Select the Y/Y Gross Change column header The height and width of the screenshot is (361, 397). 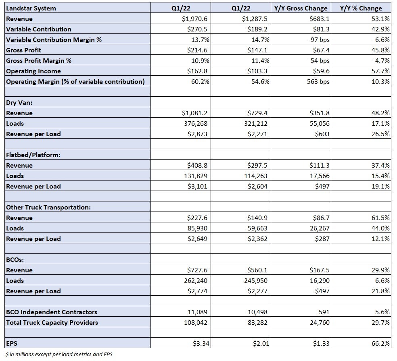point(301,8)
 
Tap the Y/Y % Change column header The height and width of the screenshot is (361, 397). point(361,8)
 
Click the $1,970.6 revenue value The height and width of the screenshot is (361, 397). point(194,19)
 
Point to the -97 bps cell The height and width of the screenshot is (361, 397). point(319,40)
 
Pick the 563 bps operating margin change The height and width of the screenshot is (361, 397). point(318,82)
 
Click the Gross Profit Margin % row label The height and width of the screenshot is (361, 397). point(39,61)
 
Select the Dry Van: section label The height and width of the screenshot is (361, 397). point(19,103)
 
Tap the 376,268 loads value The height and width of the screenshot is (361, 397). point(195,124)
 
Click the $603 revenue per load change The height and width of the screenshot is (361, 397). point(322,134)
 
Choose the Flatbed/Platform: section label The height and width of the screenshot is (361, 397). point(33,155)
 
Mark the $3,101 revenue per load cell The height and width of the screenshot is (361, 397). point(197,186)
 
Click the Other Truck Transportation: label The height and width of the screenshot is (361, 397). point(48,207)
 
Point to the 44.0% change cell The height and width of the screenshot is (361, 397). point(380,228)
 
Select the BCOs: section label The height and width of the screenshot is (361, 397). point(15,259)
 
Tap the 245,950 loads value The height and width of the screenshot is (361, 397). point(256,280)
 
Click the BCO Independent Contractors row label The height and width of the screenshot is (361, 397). point(52,312)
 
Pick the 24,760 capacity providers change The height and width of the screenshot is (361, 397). point(320,323)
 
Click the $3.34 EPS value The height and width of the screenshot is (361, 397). point(201,344)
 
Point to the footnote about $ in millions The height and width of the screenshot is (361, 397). point(59,355)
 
